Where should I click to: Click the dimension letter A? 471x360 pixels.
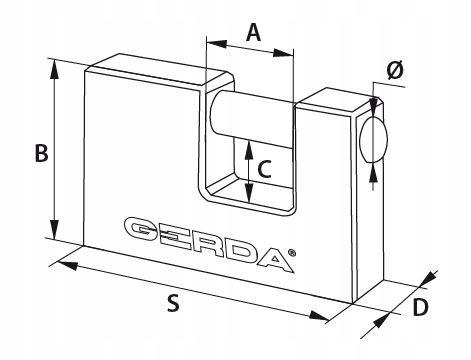253,32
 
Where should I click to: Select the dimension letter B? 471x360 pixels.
42,153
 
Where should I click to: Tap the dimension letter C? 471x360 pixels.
265,169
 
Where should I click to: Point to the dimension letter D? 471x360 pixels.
420,307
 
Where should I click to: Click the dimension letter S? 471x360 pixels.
173,303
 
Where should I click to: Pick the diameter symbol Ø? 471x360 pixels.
395,71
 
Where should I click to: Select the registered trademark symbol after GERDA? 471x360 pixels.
291,253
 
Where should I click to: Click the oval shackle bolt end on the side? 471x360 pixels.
374,140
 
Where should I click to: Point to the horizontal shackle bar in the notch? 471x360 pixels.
252,118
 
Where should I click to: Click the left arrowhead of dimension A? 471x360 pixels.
217,44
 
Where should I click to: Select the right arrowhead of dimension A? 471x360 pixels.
284,53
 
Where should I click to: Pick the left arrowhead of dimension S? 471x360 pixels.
68,266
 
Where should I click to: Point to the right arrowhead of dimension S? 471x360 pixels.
319,316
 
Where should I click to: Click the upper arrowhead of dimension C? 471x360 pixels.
248,149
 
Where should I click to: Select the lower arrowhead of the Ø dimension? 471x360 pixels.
374,173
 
